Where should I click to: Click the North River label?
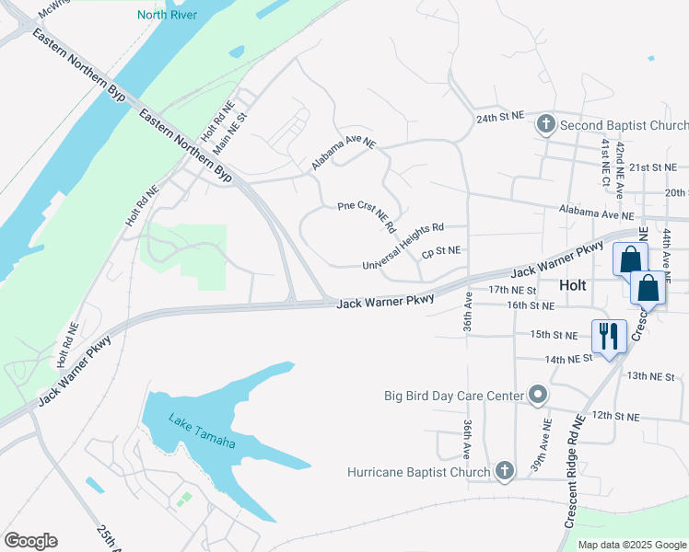pyautogui.click(x=168, y=14)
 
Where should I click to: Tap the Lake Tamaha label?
pyautogui.click(x=202, y=431)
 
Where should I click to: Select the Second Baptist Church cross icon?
pyautogui.click(x=545, y=123)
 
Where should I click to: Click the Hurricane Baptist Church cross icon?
pyautogui.click(x=503, y=472)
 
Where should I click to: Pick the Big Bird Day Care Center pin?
pyautogui.click(x=539, y=397)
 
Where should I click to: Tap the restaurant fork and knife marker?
pyautogui.click(x=608, y=337)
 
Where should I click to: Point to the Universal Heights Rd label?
pyautogui.click(x=403, y=246)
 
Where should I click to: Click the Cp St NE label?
pyautogui.click(x=440, y=250)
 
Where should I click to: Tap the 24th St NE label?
pyautogui.click(x=499, y=118)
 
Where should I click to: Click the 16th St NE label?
pyautogui.click(x=531, y=305)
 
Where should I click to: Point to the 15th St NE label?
pyautogui.click(x=554, y=335)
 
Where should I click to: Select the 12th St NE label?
pyautogui.click(x=614, y=416)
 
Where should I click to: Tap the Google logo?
pyautogui.click(x=30, y=541)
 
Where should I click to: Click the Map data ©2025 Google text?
pyautogui.click(x=632, y=545)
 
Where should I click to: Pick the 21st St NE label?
pyautogui.click(x=652, y=167)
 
